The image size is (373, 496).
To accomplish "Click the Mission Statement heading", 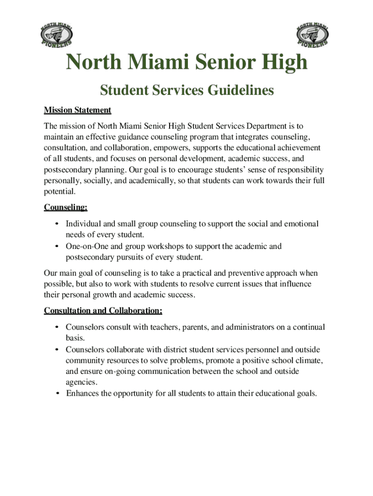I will pos(78,110).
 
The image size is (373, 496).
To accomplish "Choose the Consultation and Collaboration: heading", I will pos(103,310).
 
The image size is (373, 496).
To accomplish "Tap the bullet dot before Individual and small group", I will pos(58,224).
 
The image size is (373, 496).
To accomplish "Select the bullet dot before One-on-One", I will pos(58,247).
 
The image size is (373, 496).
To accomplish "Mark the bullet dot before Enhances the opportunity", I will pos(58,393).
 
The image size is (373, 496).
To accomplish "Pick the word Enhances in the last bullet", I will pos(82,393).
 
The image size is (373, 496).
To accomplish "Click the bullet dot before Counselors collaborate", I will pos(58,349).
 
